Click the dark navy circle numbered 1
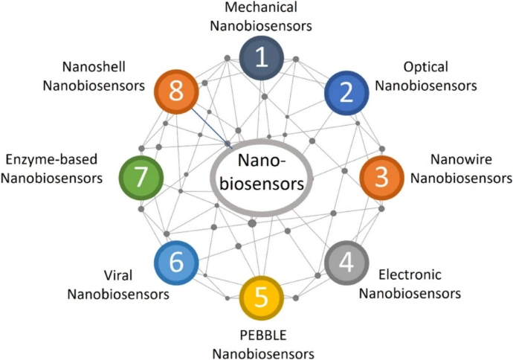(x=261, y=58)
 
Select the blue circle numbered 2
(x=346, y=91)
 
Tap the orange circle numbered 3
(x=381, y=177)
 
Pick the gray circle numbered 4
(x=346, y=263)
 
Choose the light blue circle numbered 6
(x=175, y=263)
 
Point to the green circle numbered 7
(x=141, y=177)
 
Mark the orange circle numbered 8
(x=175, y=92)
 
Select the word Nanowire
(x=462, y=159)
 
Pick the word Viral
(x=118, y=275)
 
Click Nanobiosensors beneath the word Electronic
(x=410, y=292)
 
